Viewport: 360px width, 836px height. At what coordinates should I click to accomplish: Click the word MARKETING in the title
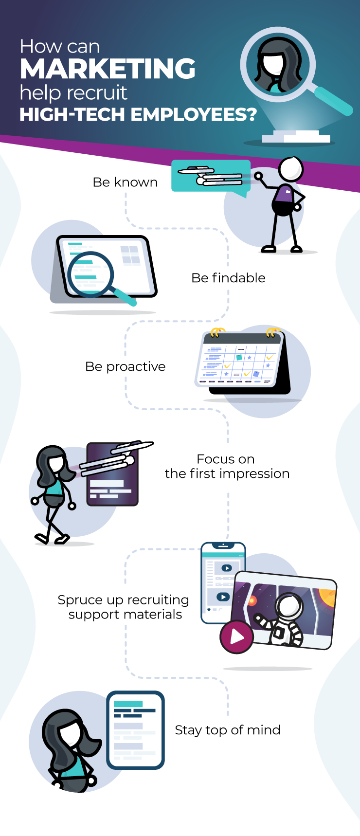108,69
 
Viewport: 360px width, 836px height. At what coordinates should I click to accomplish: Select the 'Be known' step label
125,182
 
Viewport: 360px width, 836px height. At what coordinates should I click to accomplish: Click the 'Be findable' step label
228,278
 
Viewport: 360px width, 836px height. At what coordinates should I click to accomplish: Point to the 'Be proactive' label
125,366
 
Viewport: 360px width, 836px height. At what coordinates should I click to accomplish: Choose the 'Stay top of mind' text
227,730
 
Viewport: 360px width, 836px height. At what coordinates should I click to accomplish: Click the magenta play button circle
236,636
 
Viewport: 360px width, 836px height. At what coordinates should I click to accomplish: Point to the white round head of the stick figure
290,169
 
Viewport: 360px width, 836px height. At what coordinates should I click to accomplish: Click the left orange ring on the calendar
216,333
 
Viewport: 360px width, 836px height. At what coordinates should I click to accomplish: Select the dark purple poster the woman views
112,474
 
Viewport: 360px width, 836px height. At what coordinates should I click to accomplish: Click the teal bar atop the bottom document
128,704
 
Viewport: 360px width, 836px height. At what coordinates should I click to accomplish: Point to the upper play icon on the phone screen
227,568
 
